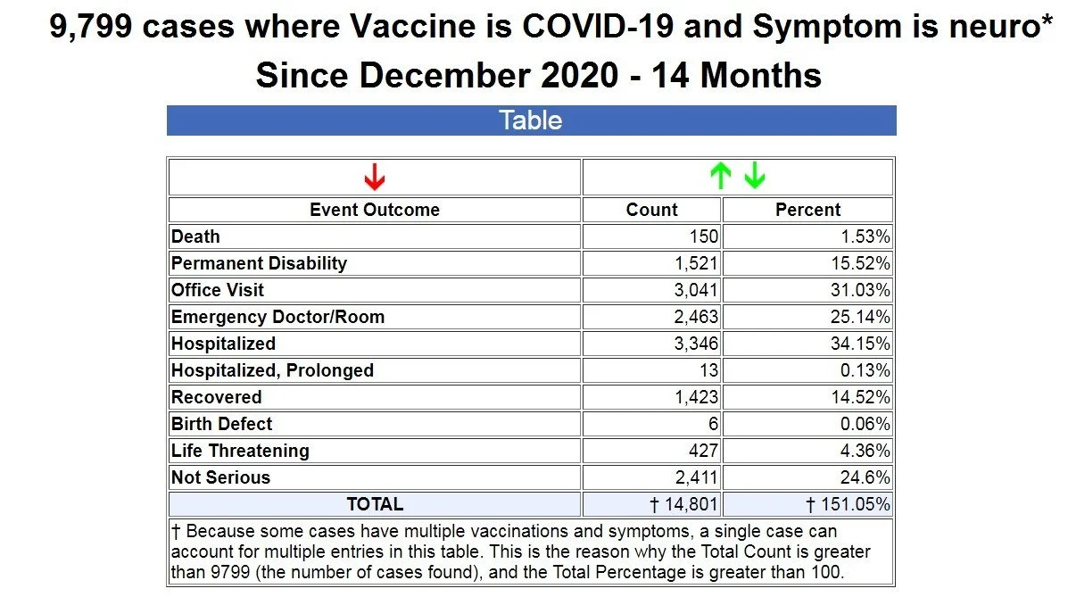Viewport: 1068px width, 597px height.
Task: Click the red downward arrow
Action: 375,178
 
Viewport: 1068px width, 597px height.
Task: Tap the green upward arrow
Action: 721,176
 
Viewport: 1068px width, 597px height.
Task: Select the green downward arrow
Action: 755,176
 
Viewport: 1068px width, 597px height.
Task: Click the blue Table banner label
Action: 531,120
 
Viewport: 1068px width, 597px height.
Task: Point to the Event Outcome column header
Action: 375,210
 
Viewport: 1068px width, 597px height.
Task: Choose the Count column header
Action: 652,210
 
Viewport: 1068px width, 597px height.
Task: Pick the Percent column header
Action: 807,210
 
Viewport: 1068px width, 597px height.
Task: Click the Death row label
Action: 195,236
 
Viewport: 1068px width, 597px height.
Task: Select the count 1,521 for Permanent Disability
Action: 696,263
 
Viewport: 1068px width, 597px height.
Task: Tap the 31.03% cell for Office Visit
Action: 860,290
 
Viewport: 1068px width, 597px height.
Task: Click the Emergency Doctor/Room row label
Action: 277,317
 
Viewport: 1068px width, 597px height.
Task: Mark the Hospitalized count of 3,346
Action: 696,344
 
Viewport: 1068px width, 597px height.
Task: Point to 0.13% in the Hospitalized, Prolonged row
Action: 865,370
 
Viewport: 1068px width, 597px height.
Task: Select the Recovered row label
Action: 217,397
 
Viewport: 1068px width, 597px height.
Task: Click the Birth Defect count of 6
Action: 713,424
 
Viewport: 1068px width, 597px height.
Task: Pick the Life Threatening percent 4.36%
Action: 865,451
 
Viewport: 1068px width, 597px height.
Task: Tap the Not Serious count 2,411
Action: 697,477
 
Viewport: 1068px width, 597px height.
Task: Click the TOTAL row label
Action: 375,504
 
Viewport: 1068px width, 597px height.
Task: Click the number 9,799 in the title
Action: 91,28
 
